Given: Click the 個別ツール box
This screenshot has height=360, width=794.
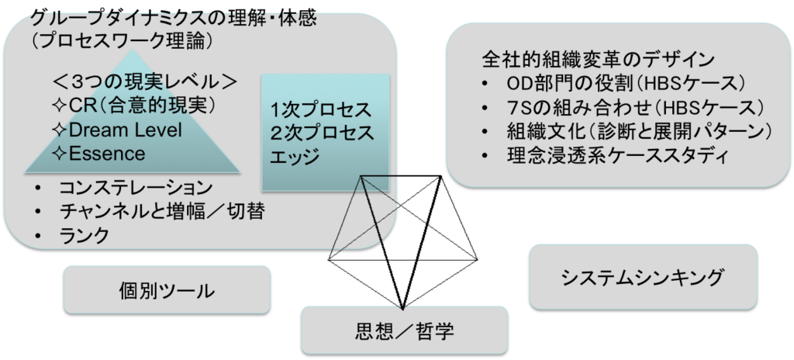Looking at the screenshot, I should (x=166, y=291).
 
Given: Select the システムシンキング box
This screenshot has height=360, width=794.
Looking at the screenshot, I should (x=643, y=276).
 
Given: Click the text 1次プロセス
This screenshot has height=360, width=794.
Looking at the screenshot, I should (x=322, y=108).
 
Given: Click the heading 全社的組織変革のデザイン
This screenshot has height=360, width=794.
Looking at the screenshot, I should (x=598, y=60).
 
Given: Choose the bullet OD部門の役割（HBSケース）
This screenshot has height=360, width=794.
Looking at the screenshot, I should (x=623, y=83).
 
